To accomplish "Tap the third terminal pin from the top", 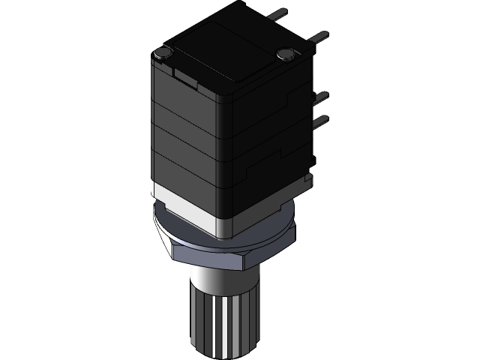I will (x=320, y=96).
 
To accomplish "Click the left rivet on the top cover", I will (x=161, y=52).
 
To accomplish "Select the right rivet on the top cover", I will (x=285, y=53).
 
